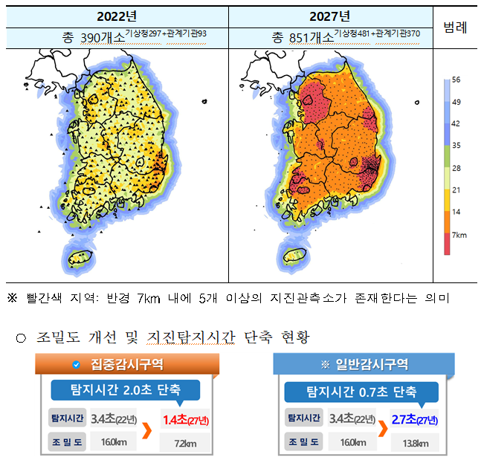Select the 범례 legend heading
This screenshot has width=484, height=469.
point(455,28)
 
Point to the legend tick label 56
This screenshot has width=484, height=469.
point(456,80)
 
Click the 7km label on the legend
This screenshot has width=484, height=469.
point(459,235)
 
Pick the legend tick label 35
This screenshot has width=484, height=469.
point(456,146)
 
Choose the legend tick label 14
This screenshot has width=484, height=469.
point(456,213)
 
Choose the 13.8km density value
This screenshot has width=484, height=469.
point(410,444)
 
